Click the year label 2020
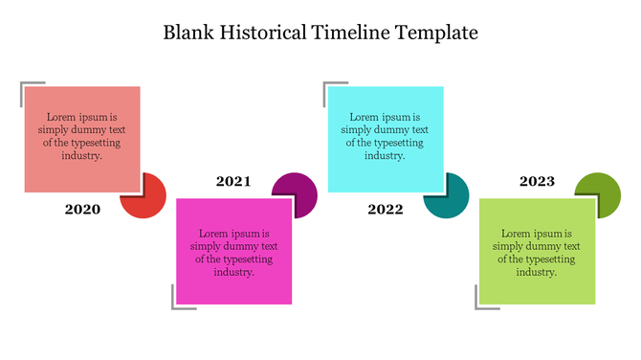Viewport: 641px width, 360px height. point(82,209)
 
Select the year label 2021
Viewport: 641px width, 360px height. point(233,181)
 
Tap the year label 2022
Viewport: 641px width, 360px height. point(385,209)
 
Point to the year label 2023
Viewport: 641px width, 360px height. point(537,181)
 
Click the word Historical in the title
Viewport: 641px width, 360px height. point(255,33)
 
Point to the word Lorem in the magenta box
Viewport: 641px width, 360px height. point(214,234)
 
